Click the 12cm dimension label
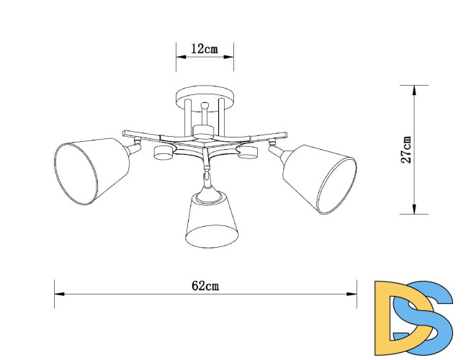(x=205, y=50)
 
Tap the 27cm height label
(x=407, y=150)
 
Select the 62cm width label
(x=205, y=286)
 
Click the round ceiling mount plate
(x=205, y=94)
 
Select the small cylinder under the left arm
(x=163, y=153)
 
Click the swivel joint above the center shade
(x=207, y=176)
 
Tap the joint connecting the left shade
(x=133, y=149)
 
